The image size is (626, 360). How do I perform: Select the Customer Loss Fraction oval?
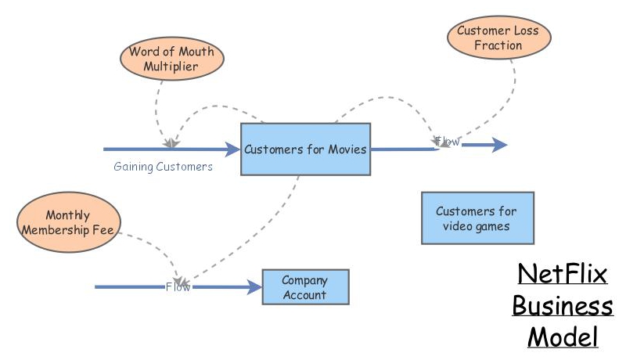(498, 38)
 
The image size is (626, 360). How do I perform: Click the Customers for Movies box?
(305, 149)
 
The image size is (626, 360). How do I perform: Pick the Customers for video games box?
(477, 218)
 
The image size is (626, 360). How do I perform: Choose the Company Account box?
(304, 287)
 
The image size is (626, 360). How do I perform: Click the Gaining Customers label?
(163, 167)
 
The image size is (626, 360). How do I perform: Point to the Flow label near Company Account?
(178, 287)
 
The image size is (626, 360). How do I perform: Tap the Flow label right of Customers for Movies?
(448, 142)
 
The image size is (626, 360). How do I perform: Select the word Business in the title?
(562, 306)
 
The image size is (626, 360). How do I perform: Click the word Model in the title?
(563, 337)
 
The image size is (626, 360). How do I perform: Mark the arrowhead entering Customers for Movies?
(232, 149)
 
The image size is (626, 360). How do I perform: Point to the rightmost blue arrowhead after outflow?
(500, 145)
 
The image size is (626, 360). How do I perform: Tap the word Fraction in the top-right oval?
(498, 45)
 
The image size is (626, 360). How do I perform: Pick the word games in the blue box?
(494, 226)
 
